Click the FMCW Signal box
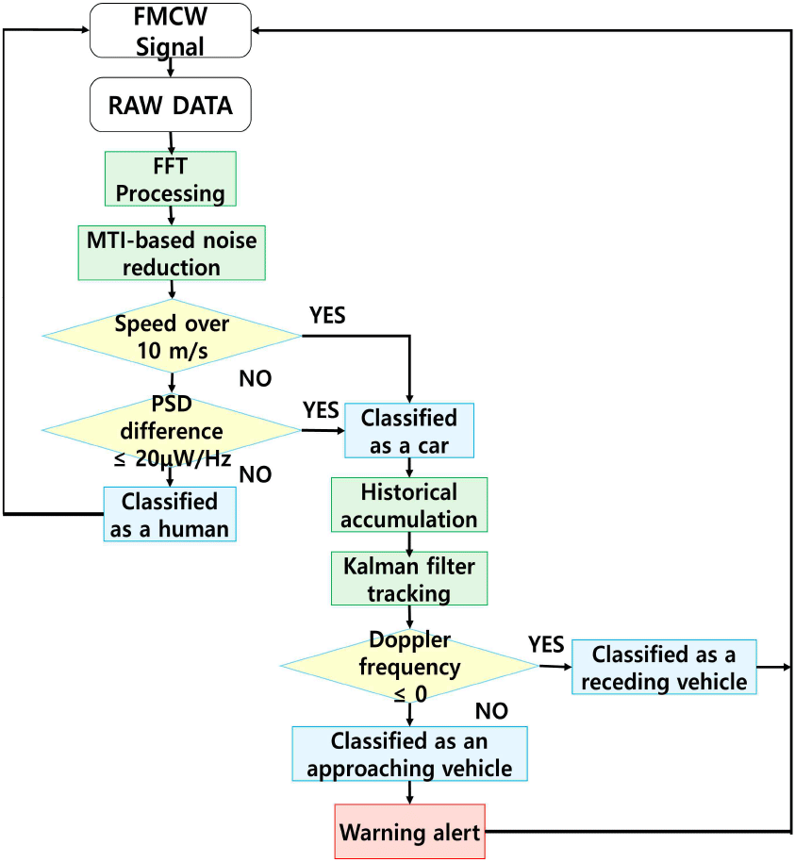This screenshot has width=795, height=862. (x=170, y=29)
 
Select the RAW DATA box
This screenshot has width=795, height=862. (x=171, y=105)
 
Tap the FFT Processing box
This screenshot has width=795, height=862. (x=170, y=178)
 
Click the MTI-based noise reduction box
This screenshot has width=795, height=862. (x=170, y=252)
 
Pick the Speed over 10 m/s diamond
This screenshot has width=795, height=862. (x=171, y=336)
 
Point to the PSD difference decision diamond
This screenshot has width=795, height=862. (x=171, y=430)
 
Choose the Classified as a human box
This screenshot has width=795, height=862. (x=169, y=514)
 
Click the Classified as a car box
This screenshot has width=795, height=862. (x=408, y=430)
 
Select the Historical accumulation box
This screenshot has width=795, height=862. (x=408, y=505)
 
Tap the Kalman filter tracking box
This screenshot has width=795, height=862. (x=408, y=578)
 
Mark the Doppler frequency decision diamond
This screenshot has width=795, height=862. (x=408, y=667)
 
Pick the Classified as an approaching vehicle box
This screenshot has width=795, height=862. (x=408, y=754)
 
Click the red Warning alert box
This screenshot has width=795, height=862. (x=408, y=832)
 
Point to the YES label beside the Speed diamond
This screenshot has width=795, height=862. (x=326, y=316)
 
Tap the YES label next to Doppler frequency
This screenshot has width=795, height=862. (x=546, y=645)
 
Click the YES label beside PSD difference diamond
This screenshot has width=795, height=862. (x=322, y=409)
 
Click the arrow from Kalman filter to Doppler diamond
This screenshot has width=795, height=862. (x=408, y=619)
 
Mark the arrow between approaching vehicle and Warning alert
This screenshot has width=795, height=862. (x=408, y=793)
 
